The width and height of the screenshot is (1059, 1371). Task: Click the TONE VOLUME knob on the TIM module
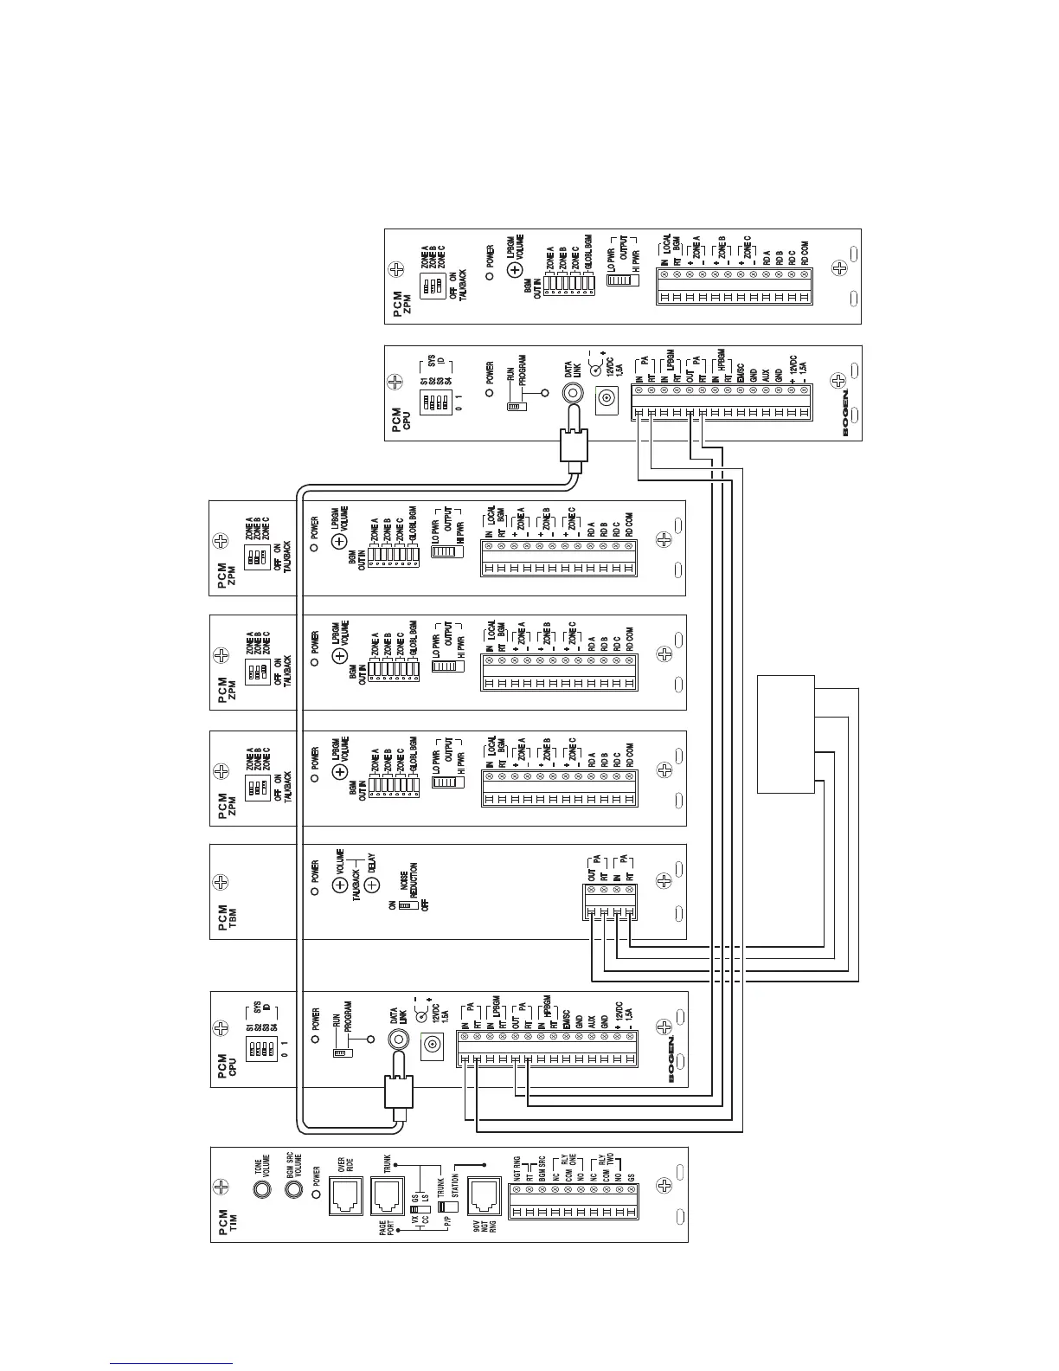259,1189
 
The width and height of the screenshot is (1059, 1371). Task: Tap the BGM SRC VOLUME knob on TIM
293,1189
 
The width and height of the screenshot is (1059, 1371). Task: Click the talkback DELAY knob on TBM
371,885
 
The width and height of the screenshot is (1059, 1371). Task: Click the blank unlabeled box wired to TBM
786,733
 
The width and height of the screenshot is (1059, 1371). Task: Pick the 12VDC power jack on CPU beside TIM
430,1047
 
